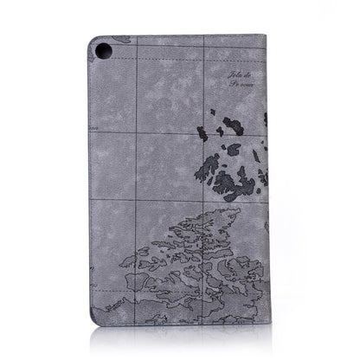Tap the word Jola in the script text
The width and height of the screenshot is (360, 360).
[235, 80]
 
